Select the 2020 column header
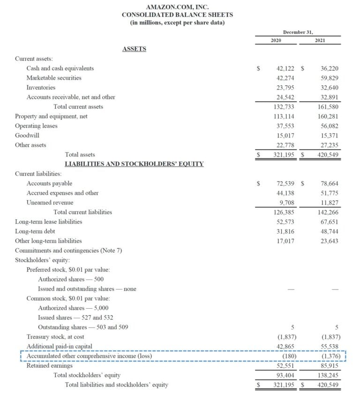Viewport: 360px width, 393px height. point(276,41)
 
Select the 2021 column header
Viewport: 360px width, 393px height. point(320,41)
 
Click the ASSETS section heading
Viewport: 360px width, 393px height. point(134,49)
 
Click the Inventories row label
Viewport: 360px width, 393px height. point(41,88)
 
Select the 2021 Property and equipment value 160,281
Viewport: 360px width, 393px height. point(328,116)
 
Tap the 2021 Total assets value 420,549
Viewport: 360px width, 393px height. point(328,155)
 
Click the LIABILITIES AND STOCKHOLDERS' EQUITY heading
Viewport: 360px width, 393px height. point(134,164)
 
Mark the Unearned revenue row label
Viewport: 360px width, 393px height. point(50,202)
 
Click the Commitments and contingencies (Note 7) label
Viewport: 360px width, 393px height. point(68,251)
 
